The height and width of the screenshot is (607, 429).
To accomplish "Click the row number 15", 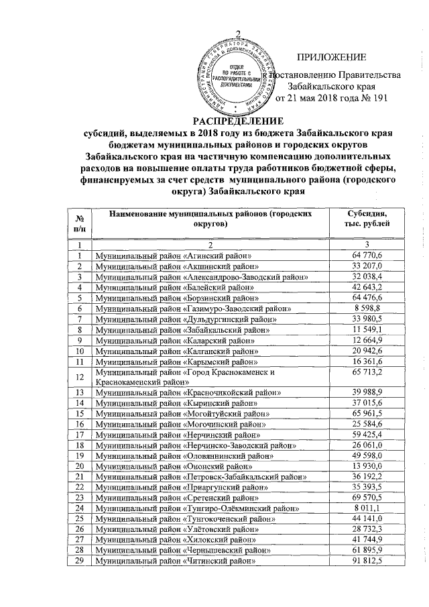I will [x=80, y=424].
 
